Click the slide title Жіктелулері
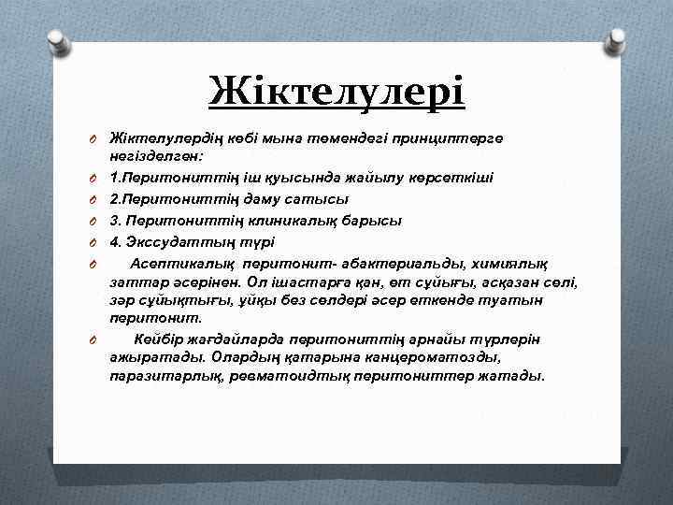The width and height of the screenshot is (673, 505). click(336, 92)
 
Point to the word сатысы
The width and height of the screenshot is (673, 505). click(319, 198)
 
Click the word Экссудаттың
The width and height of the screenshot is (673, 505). click(179, 242)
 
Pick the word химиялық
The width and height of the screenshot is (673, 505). click(506, 264)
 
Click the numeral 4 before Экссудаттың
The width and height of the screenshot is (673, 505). click(114, 242)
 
